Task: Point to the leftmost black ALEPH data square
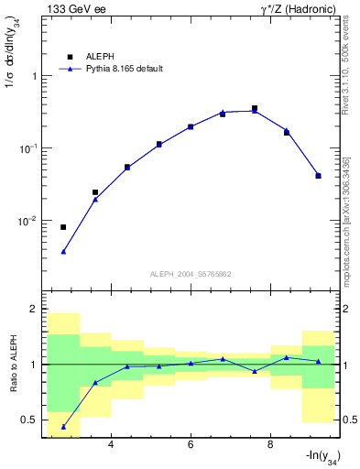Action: [63, 227]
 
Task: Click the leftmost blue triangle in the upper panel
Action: [63, 251]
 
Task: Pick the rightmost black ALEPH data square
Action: [318, 176]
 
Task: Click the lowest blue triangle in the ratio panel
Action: [63, 427]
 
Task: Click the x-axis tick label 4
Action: [111, 445]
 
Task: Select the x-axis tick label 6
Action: [191, 445]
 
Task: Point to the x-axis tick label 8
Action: [270, 445]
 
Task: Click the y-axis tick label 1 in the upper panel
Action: [33, 76]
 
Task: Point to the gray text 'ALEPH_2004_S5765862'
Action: [189, 274]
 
